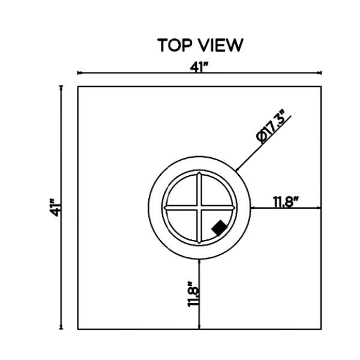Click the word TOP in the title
(175, 45)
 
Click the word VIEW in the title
(220, 45)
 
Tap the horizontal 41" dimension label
(199, 67)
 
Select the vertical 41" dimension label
(55, 208)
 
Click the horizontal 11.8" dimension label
(286, 202)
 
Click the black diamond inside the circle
(219, 227)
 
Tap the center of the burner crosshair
(199, 208)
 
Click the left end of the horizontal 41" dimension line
(78, 73)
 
